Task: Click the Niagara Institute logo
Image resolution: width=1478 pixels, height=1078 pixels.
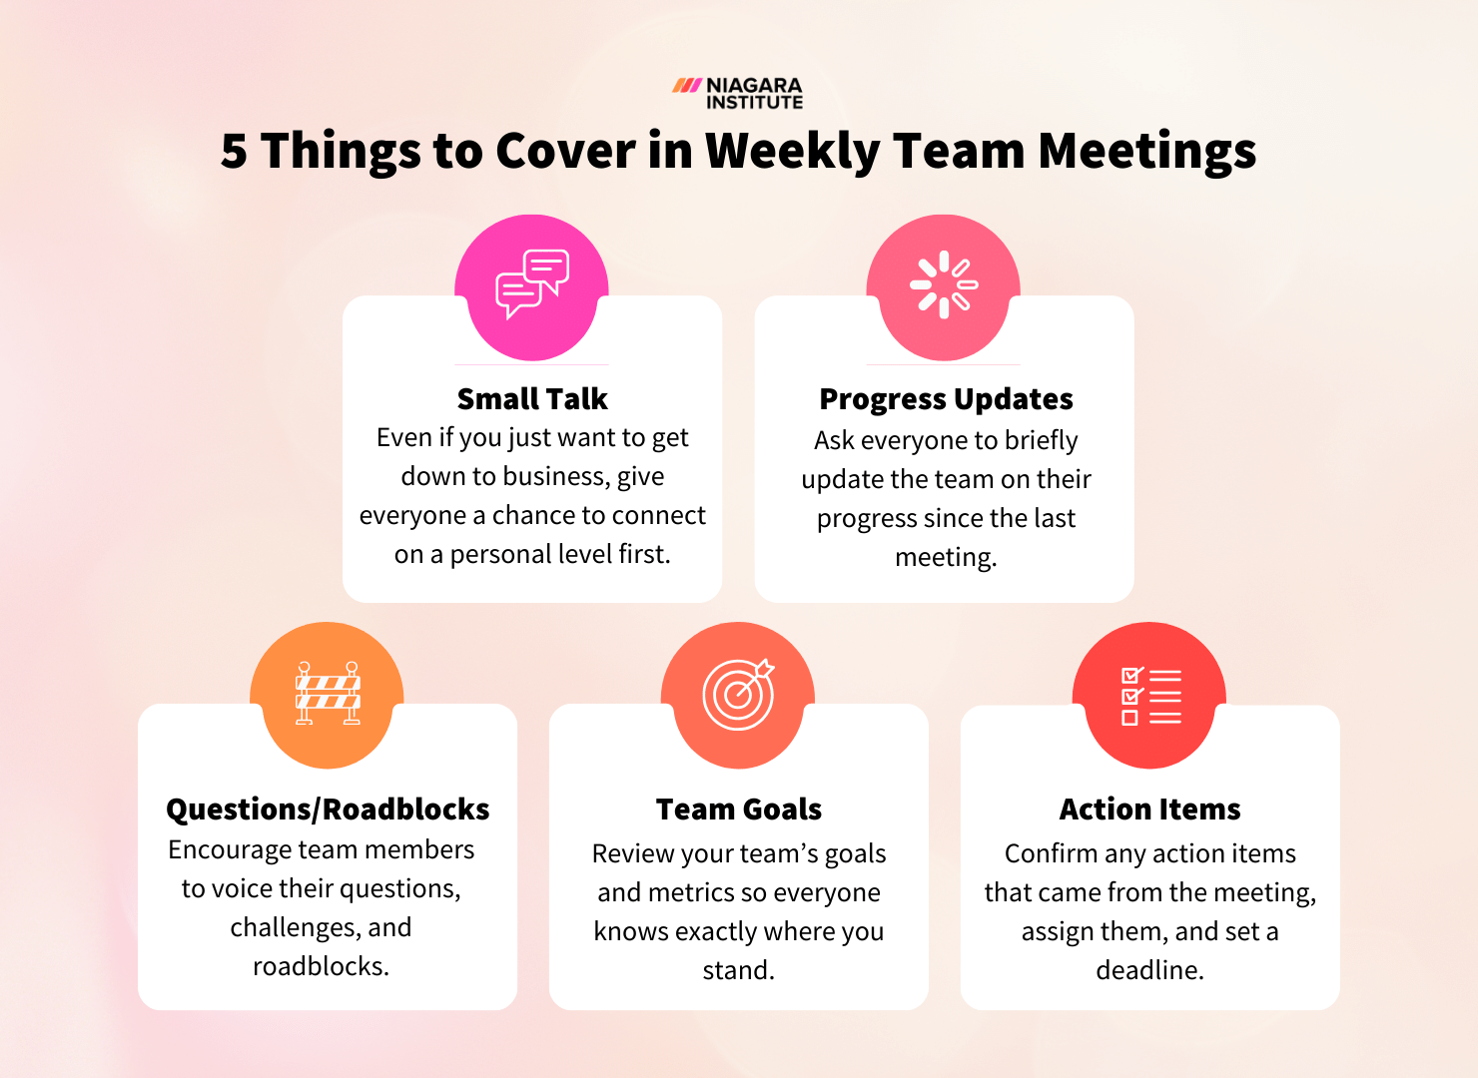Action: (x=738, y=93)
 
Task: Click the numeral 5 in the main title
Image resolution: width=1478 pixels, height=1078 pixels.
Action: (x=234, y=152)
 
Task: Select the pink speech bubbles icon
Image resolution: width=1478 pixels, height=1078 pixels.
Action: (x=532, y=283)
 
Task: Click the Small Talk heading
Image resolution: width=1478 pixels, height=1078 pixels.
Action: (x=532, y=399)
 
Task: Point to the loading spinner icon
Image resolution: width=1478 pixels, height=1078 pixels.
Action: (x=944, y=285)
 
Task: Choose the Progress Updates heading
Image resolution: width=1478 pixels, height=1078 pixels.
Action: (x=946, y=399)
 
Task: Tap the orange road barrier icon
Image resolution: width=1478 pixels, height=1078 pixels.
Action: (x=328, y=693)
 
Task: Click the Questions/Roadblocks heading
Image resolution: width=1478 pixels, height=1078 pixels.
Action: (x=328, y=809)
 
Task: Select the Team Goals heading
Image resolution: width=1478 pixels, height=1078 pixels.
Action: (x=739, y=809)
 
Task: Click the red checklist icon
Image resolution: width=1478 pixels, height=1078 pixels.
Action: (x=1150, y=695)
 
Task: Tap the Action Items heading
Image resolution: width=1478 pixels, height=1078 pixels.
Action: (x=1150, y=809)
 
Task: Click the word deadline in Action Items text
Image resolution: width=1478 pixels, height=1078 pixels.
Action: (x=1149, y=970)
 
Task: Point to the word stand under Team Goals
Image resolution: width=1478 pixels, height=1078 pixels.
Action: (x=738, y=970)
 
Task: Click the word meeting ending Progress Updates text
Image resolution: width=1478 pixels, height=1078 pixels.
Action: (x=945, y=557)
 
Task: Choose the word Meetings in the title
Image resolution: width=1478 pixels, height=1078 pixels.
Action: (x=1146, y=152)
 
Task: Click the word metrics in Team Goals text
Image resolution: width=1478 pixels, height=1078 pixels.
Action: (x=694, y=892)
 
